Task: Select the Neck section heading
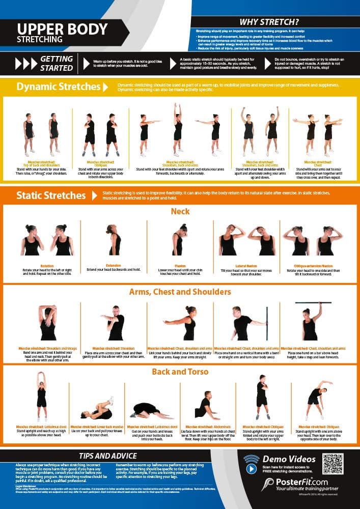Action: (x=180, y=211)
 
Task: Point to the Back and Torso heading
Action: (x=180, y=372)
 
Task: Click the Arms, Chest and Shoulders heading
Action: (x=180, y=292)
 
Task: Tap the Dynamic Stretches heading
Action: (x=58, y=87)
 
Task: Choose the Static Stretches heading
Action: (x=51, y=195)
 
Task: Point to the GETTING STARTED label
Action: (x=56, y=63)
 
